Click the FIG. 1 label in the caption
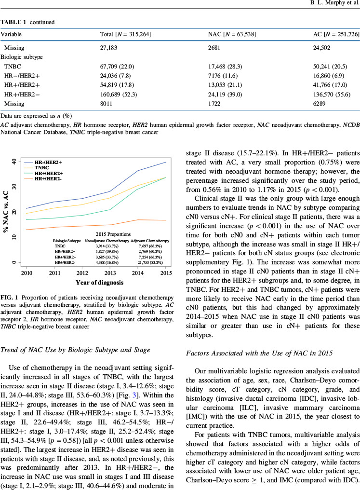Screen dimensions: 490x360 pos(10,310)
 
